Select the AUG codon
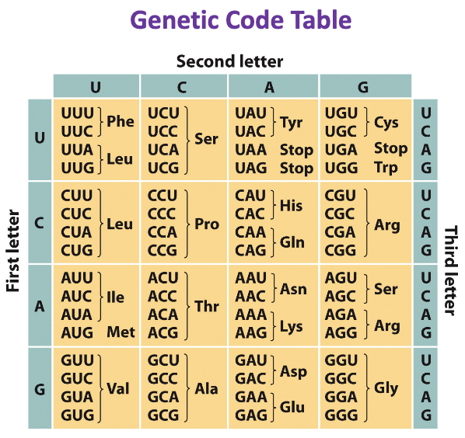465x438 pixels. pyautogui.click(x=77, y=332)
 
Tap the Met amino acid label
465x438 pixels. pyautogui.click(x=121, y=332)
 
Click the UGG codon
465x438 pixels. pyautogui.click(x=340, y=167)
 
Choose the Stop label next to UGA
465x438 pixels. pyautogui.click(x=390, y=148)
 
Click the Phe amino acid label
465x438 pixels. pyautogui.click(x=121, y=121)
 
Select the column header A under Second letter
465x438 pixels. pyautogui.click(x=269, y=87)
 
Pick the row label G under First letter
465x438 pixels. pyautogui.click(x=40, y=388)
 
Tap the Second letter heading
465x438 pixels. pyautogui.click(x=229, y=61)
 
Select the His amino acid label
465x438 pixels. pyautogui.click(x=291, y=206)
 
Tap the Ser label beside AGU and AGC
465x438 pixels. pyautogui.click(x=386, y=289)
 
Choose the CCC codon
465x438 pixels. pyautogui.click(x=163, y=214)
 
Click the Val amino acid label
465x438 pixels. pyautogui.click(x=118, y=388)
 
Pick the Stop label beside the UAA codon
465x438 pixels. pyautogui.click(x=296, y=149)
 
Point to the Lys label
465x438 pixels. pyautogui.click(x=291, y=326)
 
